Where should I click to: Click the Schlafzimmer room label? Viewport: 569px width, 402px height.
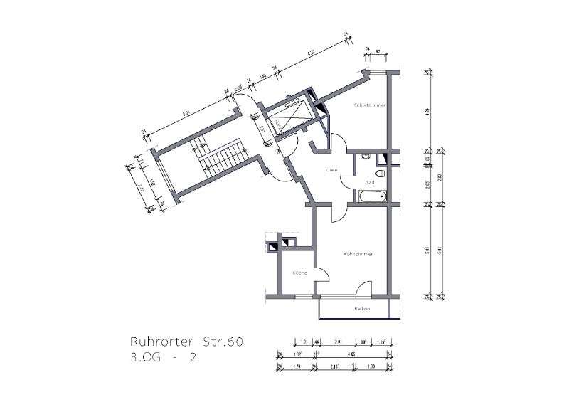pos(369,105)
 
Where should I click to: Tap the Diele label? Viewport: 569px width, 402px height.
pos(331,169)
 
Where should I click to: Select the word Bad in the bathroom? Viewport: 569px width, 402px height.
pos(369,182)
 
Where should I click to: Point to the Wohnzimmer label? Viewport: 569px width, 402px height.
pos(358,254)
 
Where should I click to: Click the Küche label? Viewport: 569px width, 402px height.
pos(299,273)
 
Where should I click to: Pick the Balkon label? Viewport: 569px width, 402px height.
pos(362,309)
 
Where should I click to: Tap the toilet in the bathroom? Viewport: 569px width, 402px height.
pos(381,173)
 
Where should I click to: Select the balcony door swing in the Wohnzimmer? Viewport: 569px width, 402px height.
pos(363,288)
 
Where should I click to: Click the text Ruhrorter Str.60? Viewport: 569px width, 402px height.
pos(187,343)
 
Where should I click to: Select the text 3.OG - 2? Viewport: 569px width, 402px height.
pos(161,359)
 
